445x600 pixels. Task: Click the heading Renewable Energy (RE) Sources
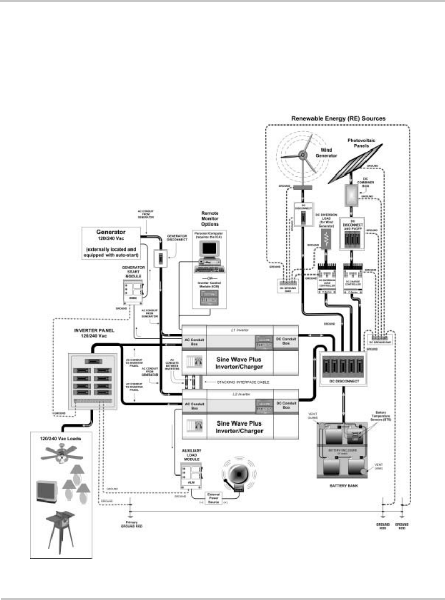[x=338, y=118]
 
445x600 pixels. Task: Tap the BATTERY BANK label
[x=341, y=485]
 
